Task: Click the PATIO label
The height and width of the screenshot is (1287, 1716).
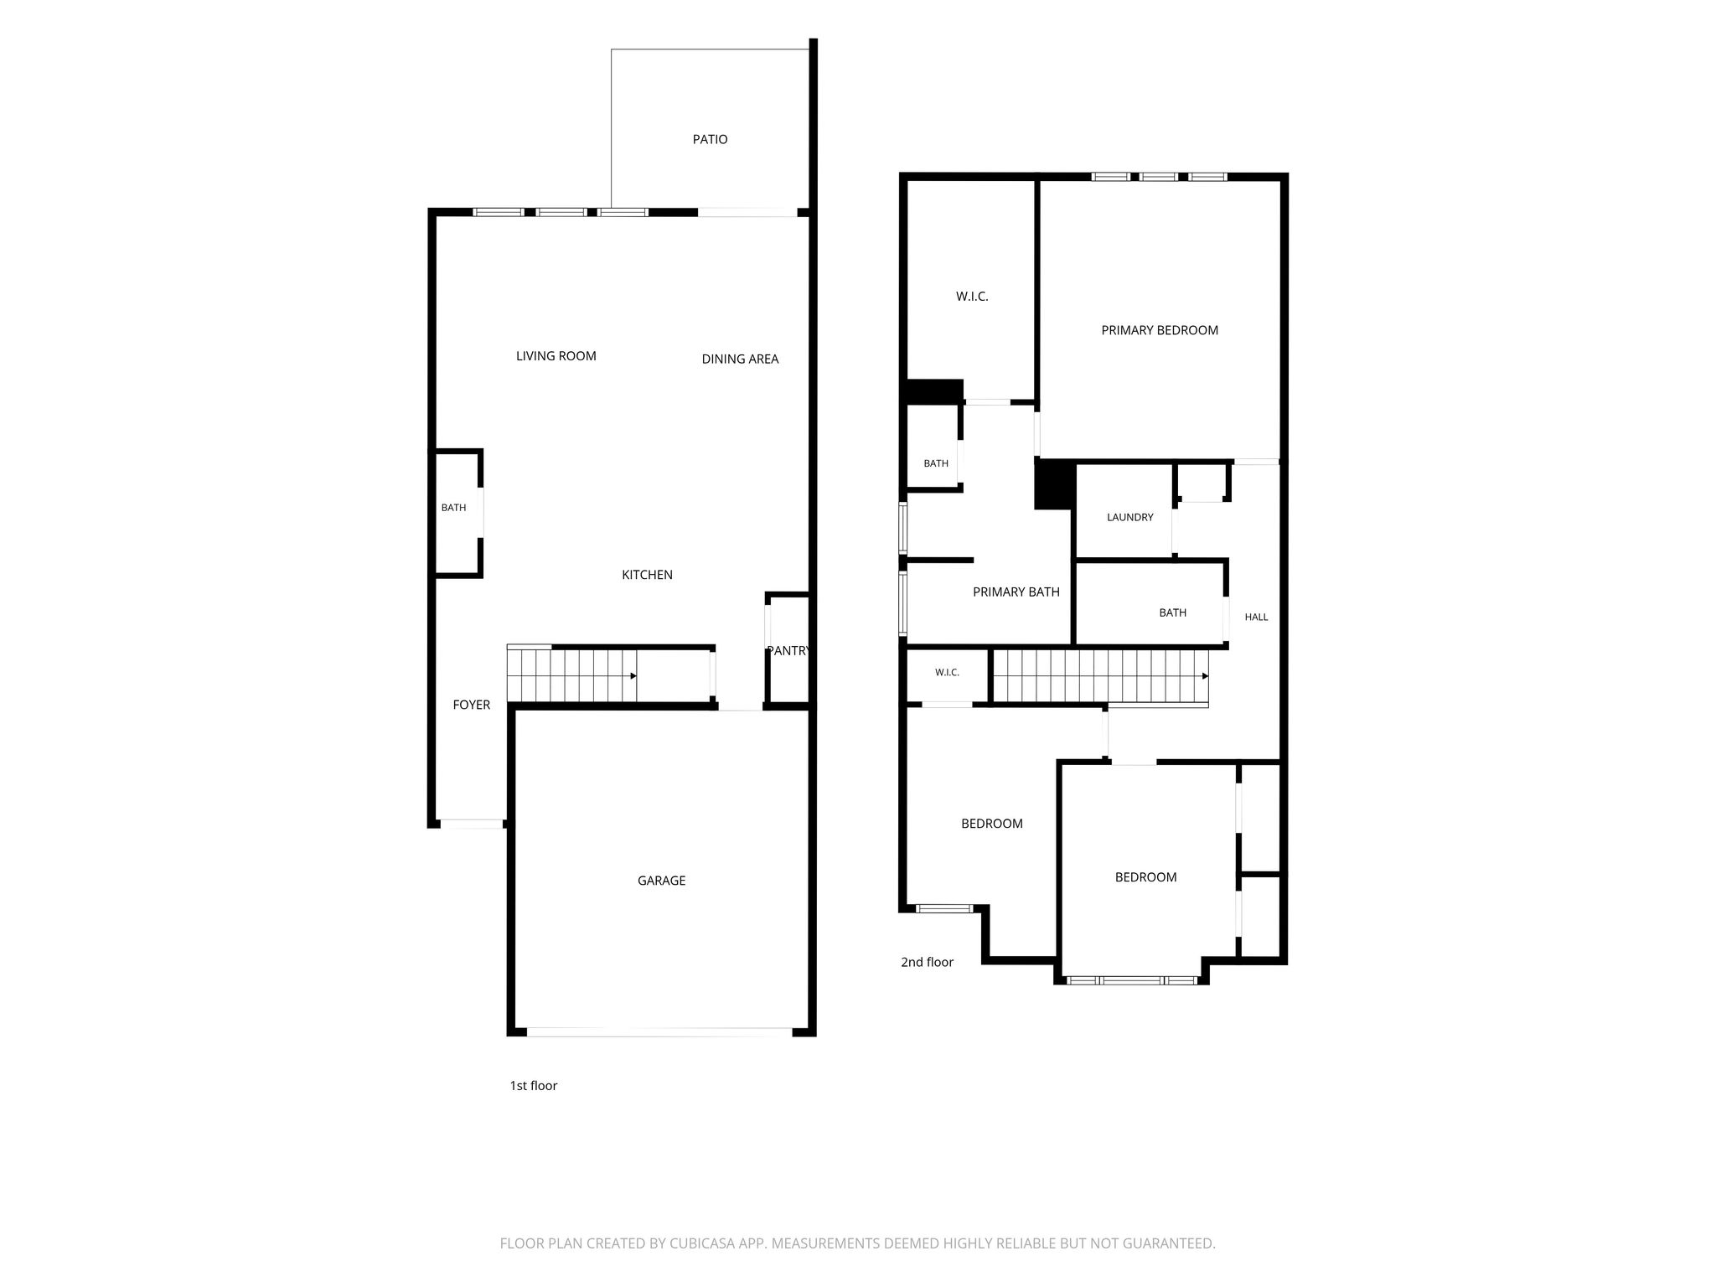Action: pyautogui.click(x=710, y=139)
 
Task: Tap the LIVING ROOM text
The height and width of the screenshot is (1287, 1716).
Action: pyautogui.click(x=556, y=356)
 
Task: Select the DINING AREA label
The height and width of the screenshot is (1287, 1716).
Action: pyautogui.click(x=740, y=359)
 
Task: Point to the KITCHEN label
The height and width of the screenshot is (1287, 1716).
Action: pyautogui.click(x=647, y=575)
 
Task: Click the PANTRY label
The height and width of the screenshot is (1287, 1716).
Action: pyautogui.click(x=788, y=650)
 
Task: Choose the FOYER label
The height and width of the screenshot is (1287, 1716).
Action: pyautogui.click(x=472, y=705)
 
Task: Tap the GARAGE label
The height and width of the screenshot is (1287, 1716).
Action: pyautogui.click(x=662, y=881)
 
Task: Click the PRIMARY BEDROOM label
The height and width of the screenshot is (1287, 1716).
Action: pyautogui.click(x=1160, y=330)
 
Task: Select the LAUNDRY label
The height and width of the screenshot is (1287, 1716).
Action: pyautogui.click(x=1130, y=517)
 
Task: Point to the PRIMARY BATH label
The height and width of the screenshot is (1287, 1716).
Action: pyautogui.click(x=1016, y=592)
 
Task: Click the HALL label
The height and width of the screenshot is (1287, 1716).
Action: pyautogui.click(x=1256, y=617)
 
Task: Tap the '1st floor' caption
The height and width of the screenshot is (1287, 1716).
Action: pyautogui.click(x=534, y=1085)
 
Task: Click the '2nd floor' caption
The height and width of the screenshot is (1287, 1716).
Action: pyautogui.click(x=927, y=962)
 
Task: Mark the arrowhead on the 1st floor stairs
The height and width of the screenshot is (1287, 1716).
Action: pyautogui.click(x=633, y=675)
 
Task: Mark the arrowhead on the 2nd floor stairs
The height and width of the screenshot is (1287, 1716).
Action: pyautogui.click(x=1205, y=675)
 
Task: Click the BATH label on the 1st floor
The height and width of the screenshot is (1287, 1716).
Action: pyautogui.click(x=453, y=508)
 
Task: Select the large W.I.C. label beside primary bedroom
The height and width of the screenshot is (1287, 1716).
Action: pyautogui.click(x=972, y=297)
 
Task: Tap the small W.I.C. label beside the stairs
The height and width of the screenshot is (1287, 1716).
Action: pyautogui.click(x=947, y=672)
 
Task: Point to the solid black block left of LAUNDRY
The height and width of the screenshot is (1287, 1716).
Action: pyautogui.click(x=1054, y=485)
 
